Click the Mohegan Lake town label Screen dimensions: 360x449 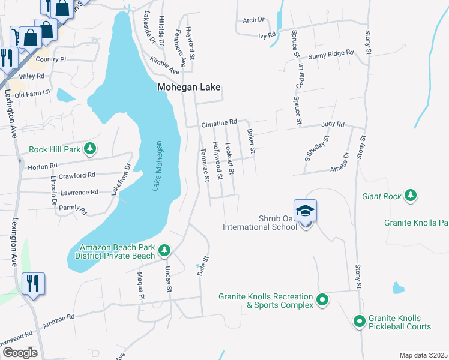coord(188,87)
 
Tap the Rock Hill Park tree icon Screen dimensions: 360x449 coord(89,148)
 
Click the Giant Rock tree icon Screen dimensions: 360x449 coord(411,196)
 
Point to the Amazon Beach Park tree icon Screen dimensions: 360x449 coord(163,250)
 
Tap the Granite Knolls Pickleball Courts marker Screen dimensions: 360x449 coord(360,322)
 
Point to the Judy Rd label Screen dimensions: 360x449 coord(333,125)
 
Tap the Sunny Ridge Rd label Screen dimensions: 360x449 coord(331,54)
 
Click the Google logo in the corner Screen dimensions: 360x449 coord(20,352)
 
